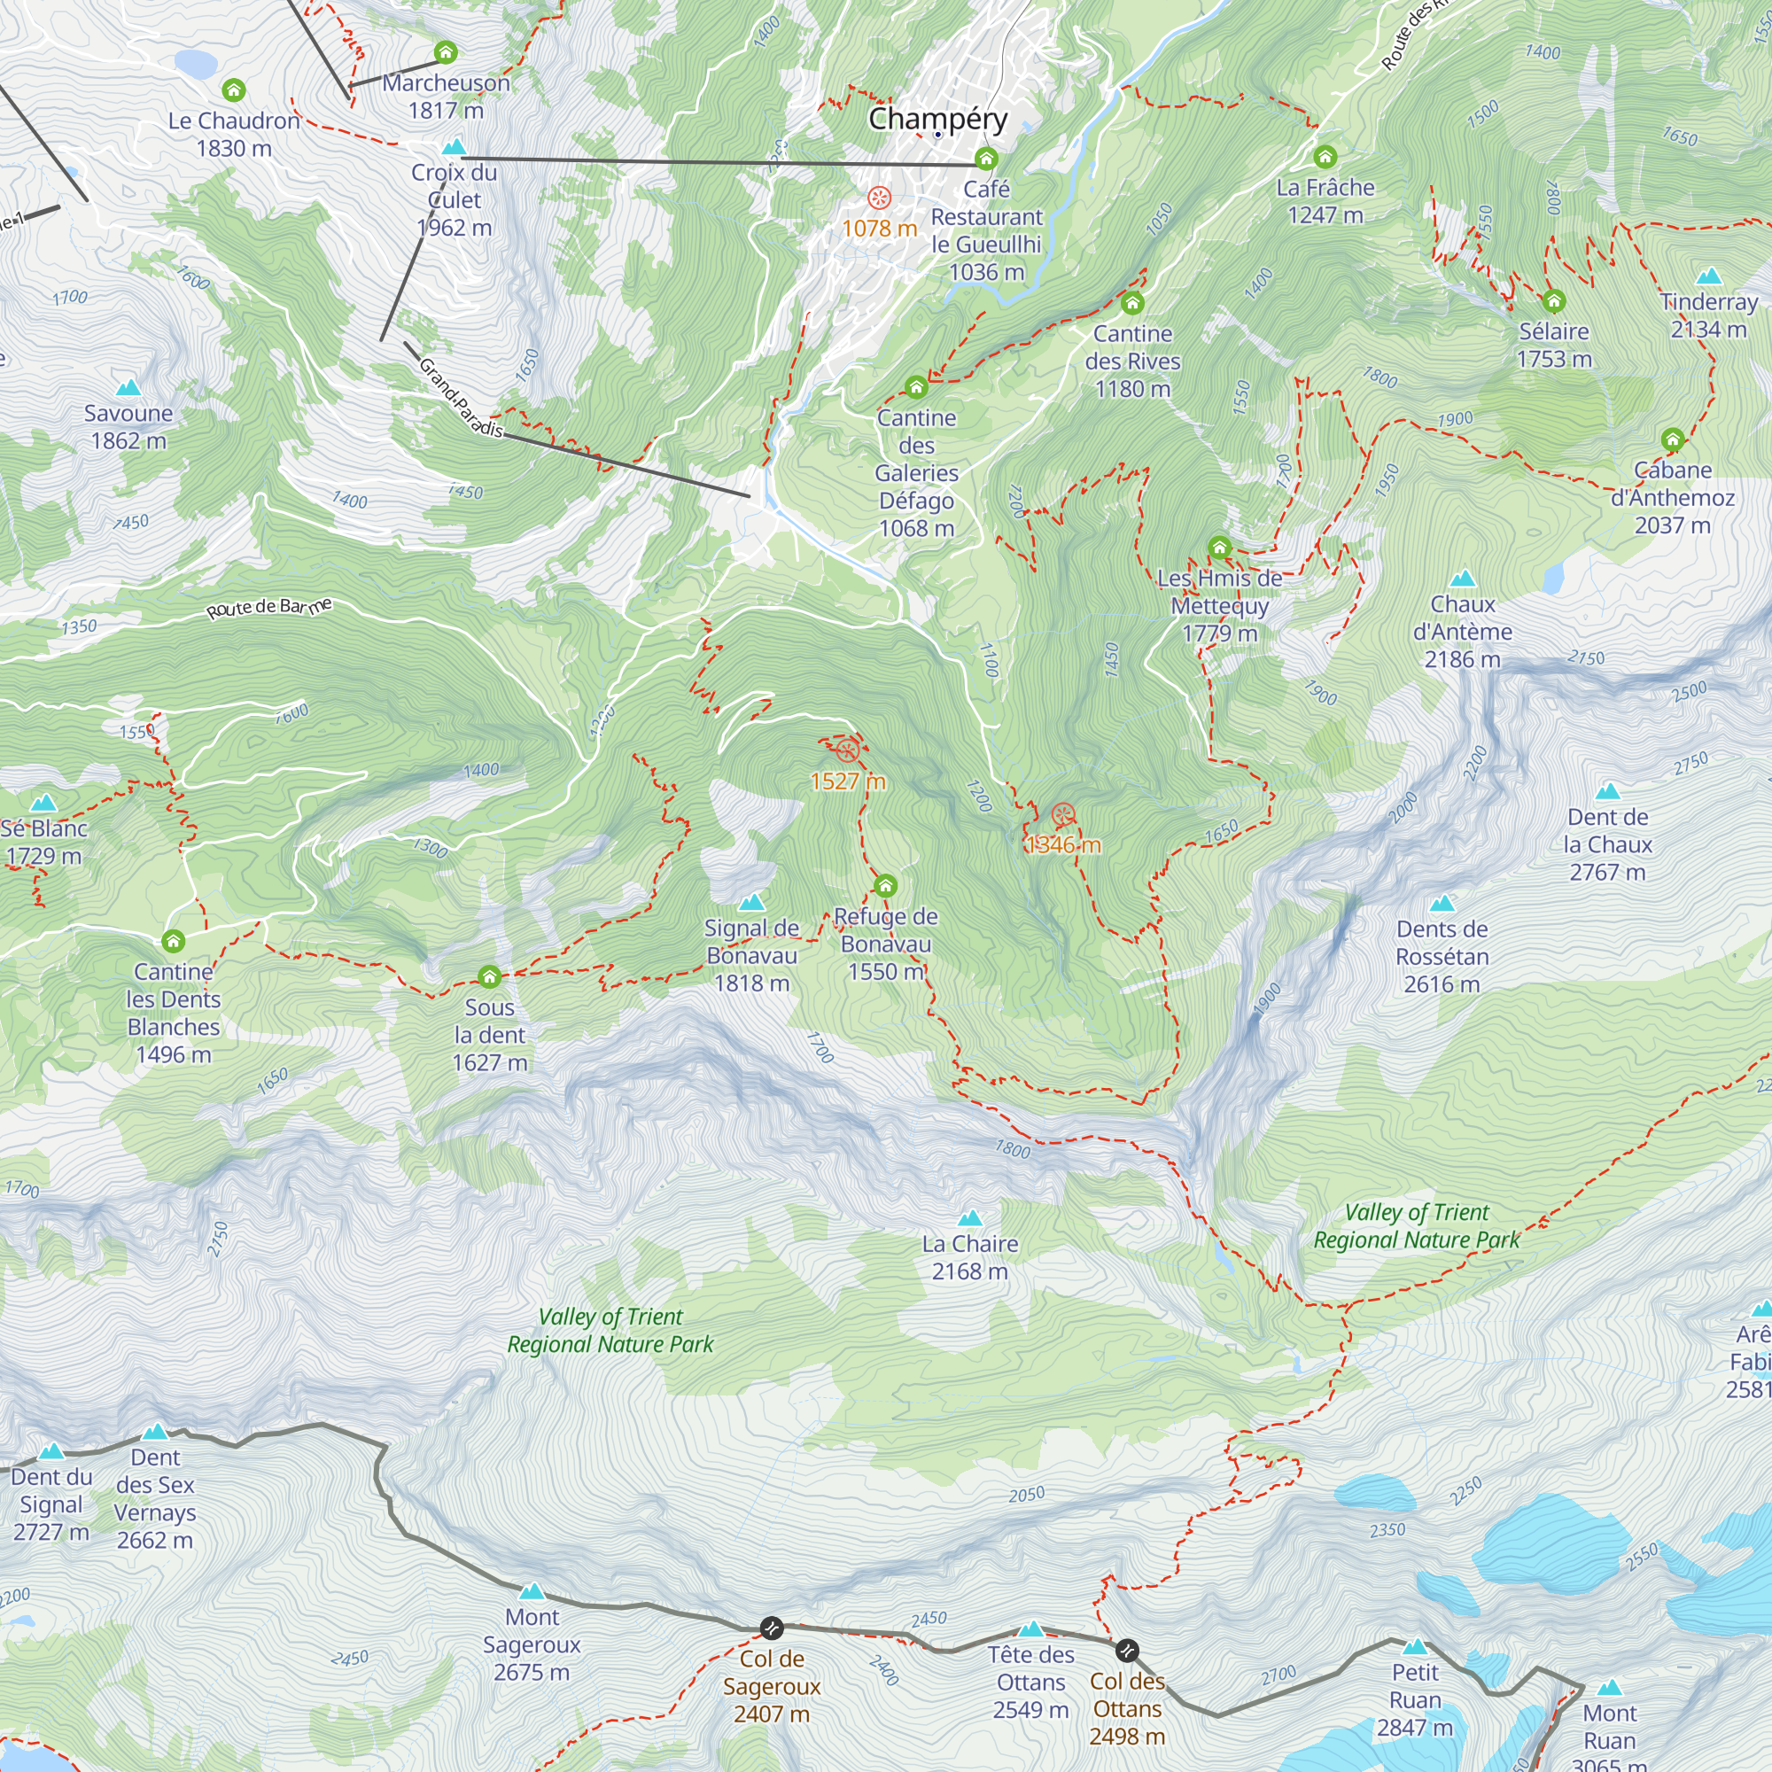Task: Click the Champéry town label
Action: point(937,120)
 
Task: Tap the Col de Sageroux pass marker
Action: point(772,1628)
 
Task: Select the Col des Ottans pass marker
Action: point(1127,1651)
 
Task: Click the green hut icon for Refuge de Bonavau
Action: point(885,886)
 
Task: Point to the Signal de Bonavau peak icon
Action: point(752,903)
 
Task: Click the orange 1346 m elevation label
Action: point(1063,844)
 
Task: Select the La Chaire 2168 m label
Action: point(969,1257)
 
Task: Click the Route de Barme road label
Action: point(268,608)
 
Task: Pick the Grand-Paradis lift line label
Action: point(461,398)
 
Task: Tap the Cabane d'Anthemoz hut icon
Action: point(1672,439)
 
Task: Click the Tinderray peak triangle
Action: point(1708,277)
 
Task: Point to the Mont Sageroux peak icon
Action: point(532,1591)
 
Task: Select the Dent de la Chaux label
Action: point(1607,843)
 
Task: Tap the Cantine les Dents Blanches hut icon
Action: point(174,941)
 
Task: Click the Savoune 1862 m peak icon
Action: point(128,388)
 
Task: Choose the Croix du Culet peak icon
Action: point(453,148)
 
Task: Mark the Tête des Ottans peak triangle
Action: point(1031,1630)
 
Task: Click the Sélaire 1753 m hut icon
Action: point(1553,301)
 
